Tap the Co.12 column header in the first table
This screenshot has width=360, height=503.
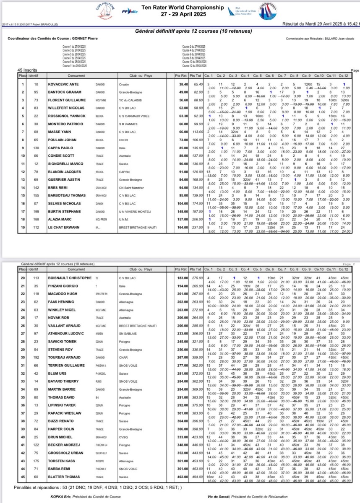pos(344,75)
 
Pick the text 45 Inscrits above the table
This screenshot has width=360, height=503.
pos(26,70)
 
